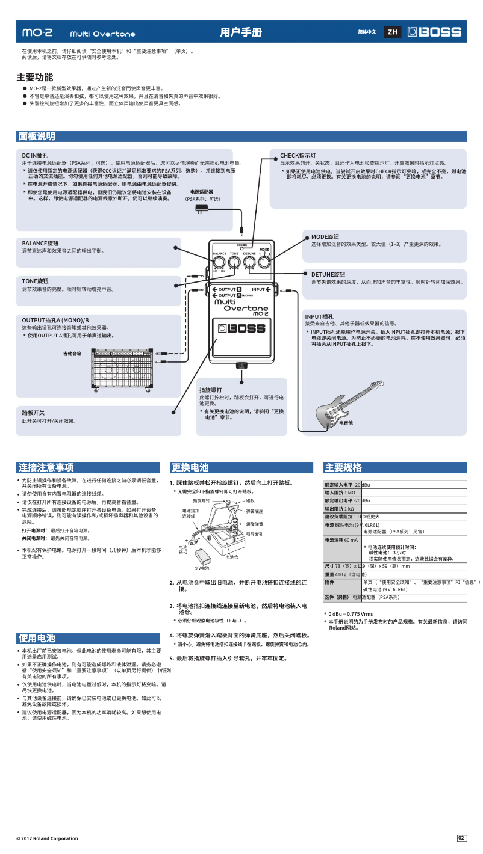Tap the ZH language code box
(393, 32)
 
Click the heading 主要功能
(34, 78)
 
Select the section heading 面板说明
(37, 137)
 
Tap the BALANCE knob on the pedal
(219, 262)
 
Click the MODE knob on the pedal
(264, 262)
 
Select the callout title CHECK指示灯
(298, 155)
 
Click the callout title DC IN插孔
(35, 155)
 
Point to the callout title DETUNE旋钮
(328, 274)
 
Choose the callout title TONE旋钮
(36, 281)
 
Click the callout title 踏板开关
(33, 413)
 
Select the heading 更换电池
(190, 467)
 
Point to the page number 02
(461, 838)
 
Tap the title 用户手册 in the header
(241, 32)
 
